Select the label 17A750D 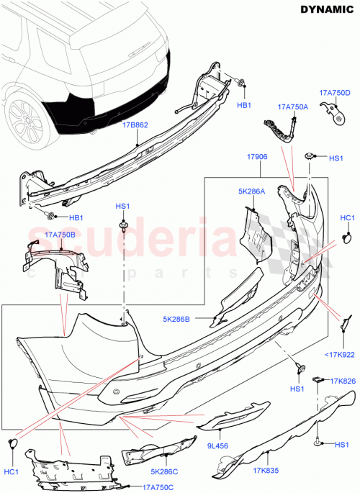pyautogui.click(x=335, y=94)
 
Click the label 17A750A pyautogui.click(x=293, y=107)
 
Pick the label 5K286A pyautogui.click(x=252, y=192)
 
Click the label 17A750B pyautogui.click(x=60, y=234)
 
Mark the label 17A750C pyautogui.click(x=158, y=487)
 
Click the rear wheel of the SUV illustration pyautogui.click(x=24, y=117)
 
